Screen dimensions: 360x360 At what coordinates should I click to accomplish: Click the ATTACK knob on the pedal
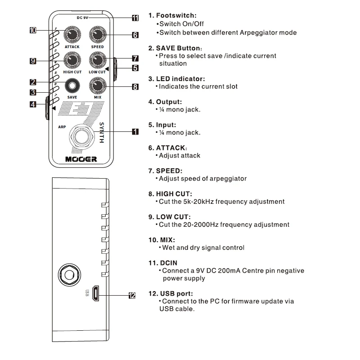coord(72,35)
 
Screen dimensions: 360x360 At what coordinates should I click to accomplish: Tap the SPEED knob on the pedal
coord(97,35)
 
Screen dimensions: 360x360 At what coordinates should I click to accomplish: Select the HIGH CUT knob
coord(72,59)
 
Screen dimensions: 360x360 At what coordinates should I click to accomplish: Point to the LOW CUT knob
coord(97,59)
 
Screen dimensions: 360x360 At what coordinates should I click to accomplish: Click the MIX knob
coord(97,85)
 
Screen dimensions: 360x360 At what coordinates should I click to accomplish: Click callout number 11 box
coord(135,18)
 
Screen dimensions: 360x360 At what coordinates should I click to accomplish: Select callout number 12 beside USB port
coord(131,296)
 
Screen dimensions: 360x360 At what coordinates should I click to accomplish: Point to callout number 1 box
coord(135,131)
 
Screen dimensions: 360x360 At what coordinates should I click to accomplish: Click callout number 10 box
coord(33,31)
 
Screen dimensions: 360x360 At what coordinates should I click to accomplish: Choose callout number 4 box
coord(33,104)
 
